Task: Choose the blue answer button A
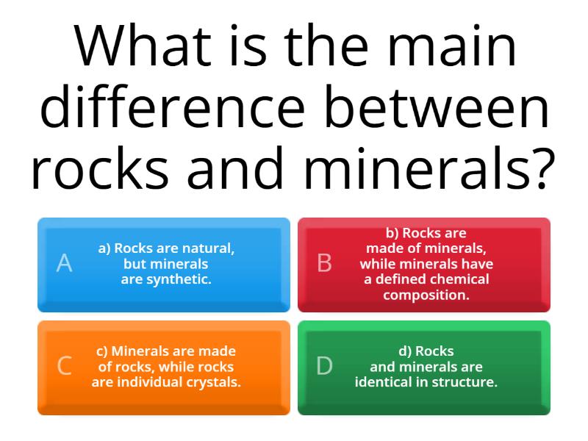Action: pos(164,265)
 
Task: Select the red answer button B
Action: pos(424,265)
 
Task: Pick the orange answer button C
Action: pos(164,367)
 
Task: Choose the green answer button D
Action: pos(424,367)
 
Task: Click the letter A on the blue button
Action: pos(65,263)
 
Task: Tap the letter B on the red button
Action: pos(325,263)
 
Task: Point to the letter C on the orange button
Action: pos(65,366)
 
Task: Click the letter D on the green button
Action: pos(325,366)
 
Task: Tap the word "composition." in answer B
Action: pos(426,295)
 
